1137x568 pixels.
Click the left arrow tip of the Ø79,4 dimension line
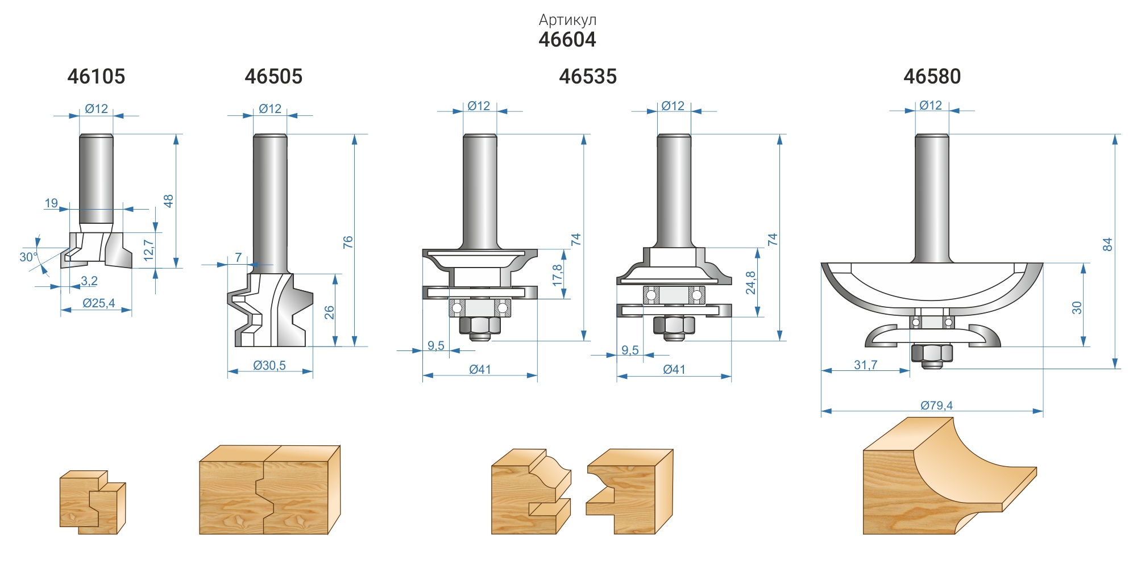(x=821, y=411)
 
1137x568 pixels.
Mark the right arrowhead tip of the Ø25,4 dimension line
(x=132, y=310)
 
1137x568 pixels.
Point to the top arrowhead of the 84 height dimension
(x=1115, y=135)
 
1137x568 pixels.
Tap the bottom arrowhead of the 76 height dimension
(x=354, y=346)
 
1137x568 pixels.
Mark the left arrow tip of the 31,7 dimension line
(x=821, y=371)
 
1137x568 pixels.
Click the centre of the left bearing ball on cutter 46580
(x=916, y=323)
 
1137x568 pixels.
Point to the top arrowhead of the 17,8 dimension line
(x=564, y=249)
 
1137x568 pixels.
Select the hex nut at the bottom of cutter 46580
(x=931, y=353)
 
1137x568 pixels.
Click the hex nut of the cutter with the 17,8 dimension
(x=479, y=325)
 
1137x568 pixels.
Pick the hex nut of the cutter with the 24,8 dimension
(x=674, y=325)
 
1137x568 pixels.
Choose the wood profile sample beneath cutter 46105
(x=93, y=502)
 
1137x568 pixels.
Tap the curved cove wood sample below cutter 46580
(x=949, y=476)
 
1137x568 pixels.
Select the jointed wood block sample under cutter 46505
(x=269, y=490)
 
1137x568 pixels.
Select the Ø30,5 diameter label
(x=269, y=365)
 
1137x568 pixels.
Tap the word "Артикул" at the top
(x=567, y=20)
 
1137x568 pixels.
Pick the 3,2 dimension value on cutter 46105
(x=89, y=281)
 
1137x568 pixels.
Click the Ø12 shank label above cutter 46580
(x=931, y=105)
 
